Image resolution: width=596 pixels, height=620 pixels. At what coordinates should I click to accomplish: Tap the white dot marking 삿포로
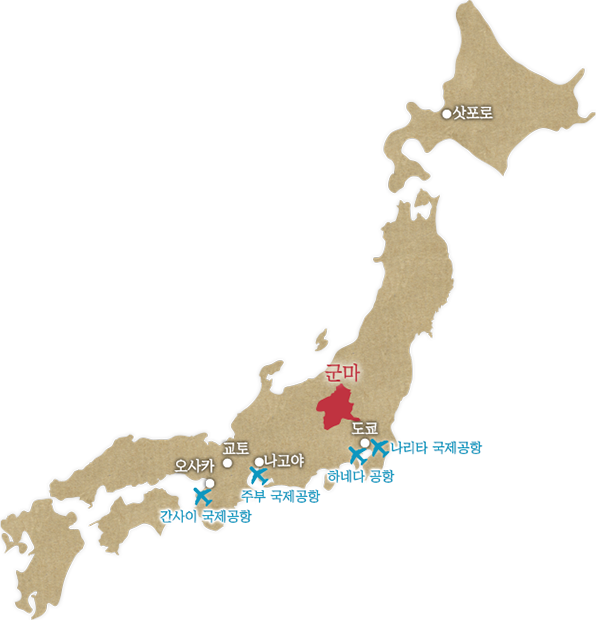coord(447,114)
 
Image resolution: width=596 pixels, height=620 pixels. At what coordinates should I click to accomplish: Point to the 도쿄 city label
coord(364,427)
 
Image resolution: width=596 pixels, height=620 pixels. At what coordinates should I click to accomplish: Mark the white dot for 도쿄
coord(366,443)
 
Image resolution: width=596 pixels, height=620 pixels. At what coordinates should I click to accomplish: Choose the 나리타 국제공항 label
coord(437,447)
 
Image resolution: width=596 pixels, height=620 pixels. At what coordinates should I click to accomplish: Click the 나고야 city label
coord(283,460)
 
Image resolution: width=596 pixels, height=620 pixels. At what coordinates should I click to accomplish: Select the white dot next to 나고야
coord(259,462)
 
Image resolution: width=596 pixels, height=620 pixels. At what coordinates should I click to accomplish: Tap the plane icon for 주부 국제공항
coord(260,477)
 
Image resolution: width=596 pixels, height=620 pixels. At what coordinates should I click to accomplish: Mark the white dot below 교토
coord(228,463)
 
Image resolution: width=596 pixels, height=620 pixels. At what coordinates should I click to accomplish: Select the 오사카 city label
coord(194,465)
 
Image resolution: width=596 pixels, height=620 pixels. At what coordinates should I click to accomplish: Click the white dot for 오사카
coord(210,482)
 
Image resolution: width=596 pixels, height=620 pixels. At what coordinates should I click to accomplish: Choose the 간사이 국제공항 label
coord(205,516)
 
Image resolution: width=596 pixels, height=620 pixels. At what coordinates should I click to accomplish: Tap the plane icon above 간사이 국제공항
coord(202,495)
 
